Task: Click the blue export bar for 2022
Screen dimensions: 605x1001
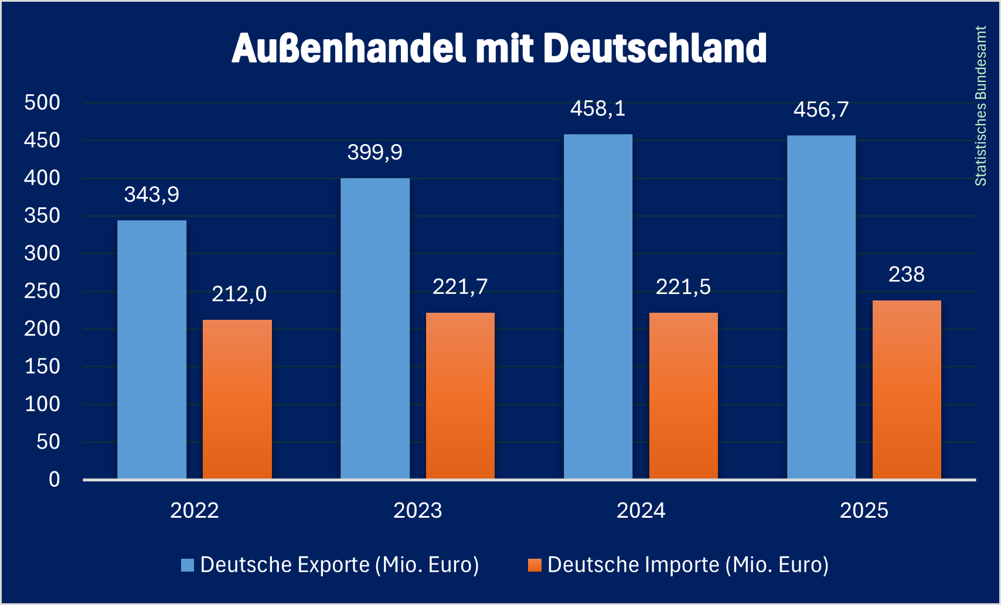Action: point(152,350)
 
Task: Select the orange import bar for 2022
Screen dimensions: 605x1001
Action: point(237,399)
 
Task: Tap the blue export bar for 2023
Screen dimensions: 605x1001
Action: point(375,329)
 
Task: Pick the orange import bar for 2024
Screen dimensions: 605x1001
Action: point(683,396)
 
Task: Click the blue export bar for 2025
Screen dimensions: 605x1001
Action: point(821,307)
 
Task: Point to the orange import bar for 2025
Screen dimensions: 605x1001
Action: point(907,390)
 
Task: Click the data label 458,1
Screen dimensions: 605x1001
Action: point(598,109)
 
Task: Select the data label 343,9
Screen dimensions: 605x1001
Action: point(152,194)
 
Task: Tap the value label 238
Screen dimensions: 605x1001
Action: point(907,274)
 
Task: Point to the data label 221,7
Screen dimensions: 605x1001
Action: point(460,286)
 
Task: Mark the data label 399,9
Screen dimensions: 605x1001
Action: point(375,152)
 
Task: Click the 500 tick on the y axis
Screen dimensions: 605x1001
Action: point(42,102)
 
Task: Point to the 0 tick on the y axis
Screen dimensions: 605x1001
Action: point(55,480)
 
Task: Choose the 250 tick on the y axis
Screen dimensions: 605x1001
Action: point(42,291)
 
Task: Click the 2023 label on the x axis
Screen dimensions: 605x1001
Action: point(417,511)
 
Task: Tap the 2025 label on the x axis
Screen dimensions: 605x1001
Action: point(864,511)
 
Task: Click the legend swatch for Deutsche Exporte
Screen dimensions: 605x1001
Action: point(188,565)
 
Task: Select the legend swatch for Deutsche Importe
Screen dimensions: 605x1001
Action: point(534,565)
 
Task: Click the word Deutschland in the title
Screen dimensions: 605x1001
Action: point(655,48)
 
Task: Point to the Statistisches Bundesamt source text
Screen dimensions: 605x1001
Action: point(980,106)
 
